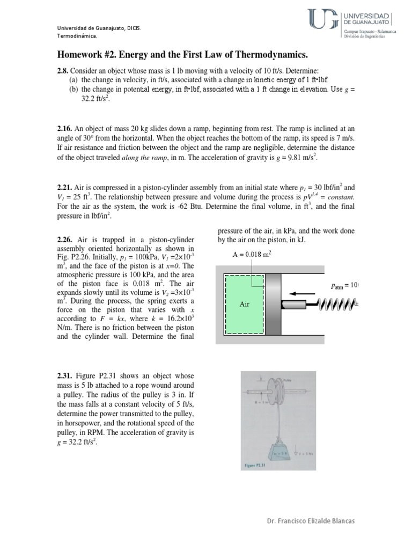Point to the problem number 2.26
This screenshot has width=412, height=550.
(x=66, y=239)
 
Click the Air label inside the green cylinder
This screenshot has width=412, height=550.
(x=246, y=304)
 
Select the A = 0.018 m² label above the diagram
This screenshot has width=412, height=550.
(x=251, y=255)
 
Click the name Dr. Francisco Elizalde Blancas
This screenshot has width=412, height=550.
(x=312, y=522)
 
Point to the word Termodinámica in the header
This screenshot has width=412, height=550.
(x=77, y=35)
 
